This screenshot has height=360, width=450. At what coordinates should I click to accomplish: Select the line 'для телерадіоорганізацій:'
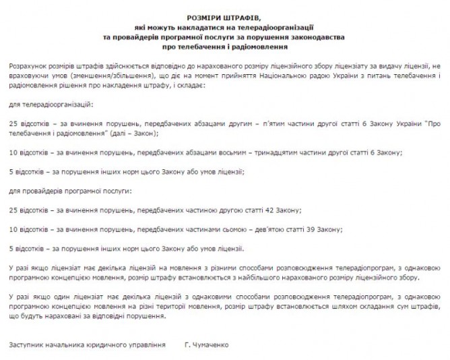coord(51,106)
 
